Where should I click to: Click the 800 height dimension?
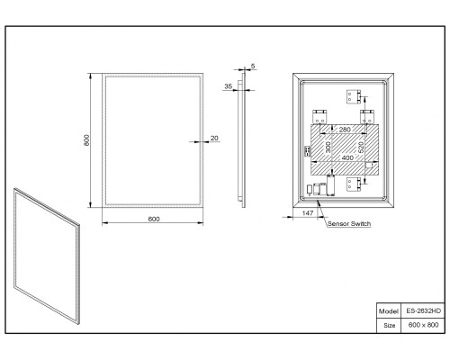coord(86,140)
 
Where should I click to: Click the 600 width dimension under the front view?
coord(154,219)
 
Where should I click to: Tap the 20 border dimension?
coord(214,138)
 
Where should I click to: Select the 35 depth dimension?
coord(229,86)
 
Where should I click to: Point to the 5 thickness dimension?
coord(253,66)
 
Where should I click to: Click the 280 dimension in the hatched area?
coord(345,130)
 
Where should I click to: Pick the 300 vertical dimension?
coord(328,147)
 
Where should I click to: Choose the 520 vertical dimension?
coord(361,147)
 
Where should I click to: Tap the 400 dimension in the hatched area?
coord(347,157)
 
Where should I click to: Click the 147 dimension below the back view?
coord(308,213)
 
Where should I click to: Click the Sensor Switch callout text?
coord(349,224)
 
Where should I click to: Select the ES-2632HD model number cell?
coord(424,310)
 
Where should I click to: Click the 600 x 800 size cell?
coord(423,325)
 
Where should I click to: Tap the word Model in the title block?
coord(389,311)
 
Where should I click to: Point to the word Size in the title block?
coord(390,326)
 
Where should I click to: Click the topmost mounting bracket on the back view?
coord(354,96)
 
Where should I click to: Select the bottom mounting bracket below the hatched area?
coord(354,184)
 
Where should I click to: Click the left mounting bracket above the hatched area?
coord(319,117)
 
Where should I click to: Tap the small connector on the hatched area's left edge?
coord(308,151)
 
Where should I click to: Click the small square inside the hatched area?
coord(369,166)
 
